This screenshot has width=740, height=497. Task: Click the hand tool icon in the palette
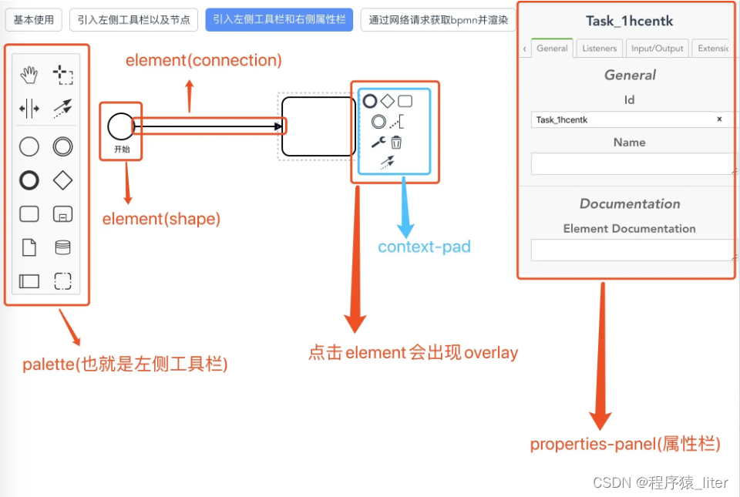click(29, 75)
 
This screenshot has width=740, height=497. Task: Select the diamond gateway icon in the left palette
click(62, 180)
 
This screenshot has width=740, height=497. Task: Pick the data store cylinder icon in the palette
click(62, 247)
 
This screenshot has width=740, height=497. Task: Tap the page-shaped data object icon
click(29, 247)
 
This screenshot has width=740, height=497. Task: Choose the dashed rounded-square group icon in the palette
click(62, 281)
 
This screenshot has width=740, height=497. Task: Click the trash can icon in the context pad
click(396, 142)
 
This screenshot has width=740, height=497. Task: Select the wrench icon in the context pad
click(378, 142)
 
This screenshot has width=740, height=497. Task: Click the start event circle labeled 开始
click(121, 126)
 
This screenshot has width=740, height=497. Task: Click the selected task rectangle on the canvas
click(318, 126)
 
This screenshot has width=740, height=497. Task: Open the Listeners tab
click(599, 49)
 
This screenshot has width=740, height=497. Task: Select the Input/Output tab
click(657, 49)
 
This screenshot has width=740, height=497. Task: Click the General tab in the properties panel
click(552, 49)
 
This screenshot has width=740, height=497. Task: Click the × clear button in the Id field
click(719, 119)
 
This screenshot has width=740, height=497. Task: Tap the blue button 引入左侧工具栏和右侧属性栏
click(279, 20)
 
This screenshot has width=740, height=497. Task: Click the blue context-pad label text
click(424, 247)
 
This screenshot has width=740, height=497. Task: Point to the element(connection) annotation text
click(203, 60)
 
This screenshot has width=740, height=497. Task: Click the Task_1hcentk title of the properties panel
click(630, 21)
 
